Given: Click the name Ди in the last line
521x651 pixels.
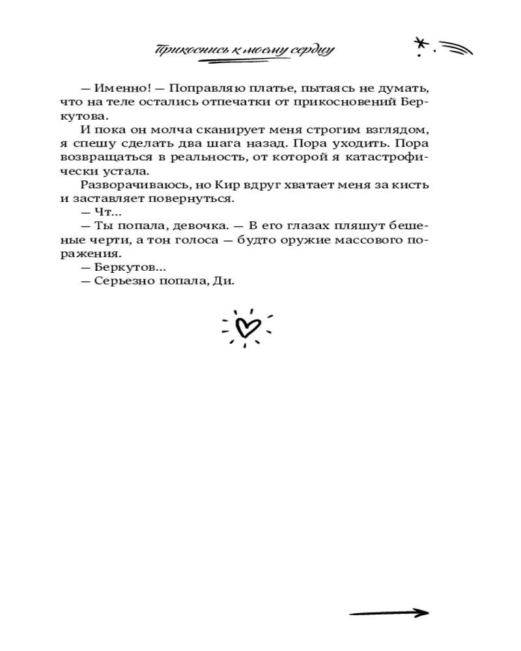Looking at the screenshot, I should click(223, 281).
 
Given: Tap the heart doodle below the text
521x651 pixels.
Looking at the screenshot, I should click(247, 327).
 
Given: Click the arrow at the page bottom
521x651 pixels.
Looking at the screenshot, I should click(389, 613).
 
